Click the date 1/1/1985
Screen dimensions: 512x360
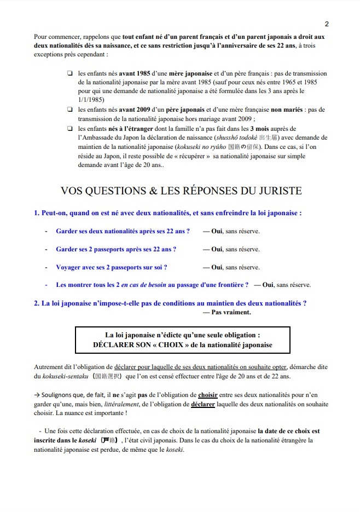[91, 100]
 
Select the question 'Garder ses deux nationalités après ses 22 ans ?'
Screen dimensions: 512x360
[123, 231]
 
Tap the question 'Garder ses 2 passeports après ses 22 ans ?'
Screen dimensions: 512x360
[116, 249]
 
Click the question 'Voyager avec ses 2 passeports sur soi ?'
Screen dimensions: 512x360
[111, 267]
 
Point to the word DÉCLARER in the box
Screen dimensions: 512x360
[117, 345]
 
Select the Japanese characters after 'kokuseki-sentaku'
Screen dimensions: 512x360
[109, 377]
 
